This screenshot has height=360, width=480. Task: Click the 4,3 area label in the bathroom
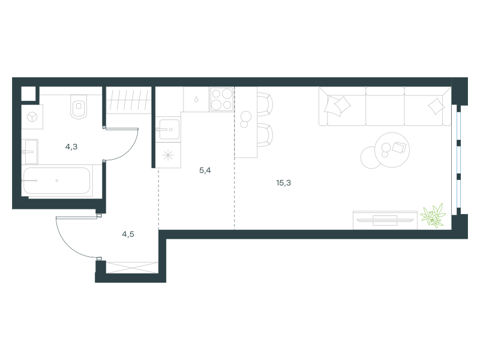[71, 147]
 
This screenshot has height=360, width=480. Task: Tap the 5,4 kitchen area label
[205, 170]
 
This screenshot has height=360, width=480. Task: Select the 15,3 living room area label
[283, 183]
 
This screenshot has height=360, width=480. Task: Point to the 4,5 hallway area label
[128, 235]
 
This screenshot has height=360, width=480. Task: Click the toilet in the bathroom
[79, 106]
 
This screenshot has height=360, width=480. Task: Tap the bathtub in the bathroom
[57, 181]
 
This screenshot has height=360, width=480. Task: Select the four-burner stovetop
[221, 99]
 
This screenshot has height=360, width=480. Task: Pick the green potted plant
[433, 216]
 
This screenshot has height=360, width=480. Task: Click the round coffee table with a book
[392, 149]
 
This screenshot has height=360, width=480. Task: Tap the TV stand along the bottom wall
[385, 220]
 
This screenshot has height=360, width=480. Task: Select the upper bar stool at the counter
[265, 103]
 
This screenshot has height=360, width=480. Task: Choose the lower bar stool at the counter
[265, 135]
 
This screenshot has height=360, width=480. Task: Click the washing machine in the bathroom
[32, 117]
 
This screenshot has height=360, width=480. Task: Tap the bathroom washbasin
[30, 152]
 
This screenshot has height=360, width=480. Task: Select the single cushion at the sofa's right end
[436, 106]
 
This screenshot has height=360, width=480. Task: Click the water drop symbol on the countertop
[196, 100]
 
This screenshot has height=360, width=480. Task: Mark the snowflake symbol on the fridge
[168, 155]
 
